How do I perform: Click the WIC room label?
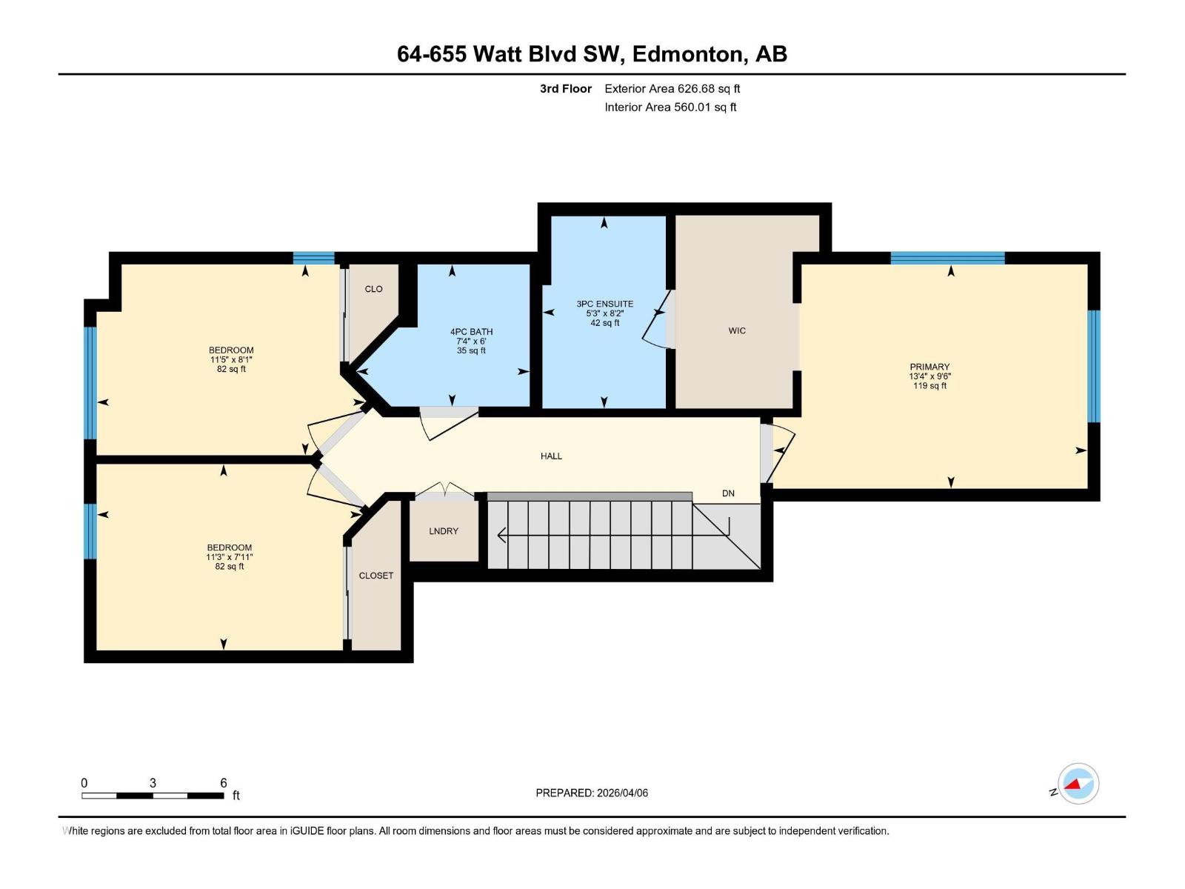737,330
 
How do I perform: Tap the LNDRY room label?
444,531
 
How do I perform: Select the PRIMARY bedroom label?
929,367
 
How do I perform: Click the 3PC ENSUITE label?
604,304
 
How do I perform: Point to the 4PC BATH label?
471,332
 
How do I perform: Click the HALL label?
551,456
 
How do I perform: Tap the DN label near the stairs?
728,493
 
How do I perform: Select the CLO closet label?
373,289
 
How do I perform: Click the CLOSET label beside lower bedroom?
376,576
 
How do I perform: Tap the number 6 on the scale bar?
224,783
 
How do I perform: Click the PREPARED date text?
592,793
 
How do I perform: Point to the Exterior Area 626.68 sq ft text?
672,89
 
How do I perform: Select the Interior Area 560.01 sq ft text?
670,107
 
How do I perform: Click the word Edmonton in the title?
688,54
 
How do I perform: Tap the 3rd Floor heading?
565,89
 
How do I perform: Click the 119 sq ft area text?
929,386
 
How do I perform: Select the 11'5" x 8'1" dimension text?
231,359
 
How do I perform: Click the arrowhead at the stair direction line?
501,534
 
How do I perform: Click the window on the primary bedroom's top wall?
947,258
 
